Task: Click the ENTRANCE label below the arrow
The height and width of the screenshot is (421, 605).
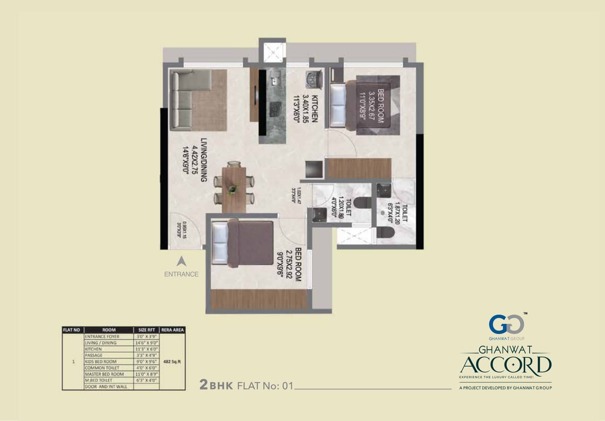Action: pyautogui.click(x=181, y=274)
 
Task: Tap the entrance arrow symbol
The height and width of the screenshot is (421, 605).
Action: pyautogui.click(x=181, y=261)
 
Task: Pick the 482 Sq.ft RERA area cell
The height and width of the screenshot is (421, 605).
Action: pyautogui.click(x=172, y=361)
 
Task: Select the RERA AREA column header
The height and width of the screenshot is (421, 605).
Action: pyautogui.click(x=172, y=330)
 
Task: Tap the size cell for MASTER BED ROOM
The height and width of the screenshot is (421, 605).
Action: pyautogui.click(x=146, y=374)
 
